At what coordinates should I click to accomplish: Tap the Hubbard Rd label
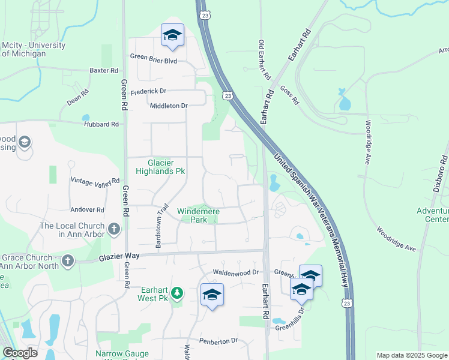103,124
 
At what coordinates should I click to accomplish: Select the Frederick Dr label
147,91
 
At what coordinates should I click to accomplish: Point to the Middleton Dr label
169,106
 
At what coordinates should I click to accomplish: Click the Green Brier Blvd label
154,58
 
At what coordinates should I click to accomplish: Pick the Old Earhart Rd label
262,54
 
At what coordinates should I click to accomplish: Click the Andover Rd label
87,209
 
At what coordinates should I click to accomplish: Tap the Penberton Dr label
218,341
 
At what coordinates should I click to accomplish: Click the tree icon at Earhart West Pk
176,293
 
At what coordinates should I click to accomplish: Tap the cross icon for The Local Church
114,229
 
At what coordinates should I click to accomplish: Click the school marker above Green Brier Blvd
172,35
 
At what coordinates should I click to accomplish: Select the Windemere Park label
199,215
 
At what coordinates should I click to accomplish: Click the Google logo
20,353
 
